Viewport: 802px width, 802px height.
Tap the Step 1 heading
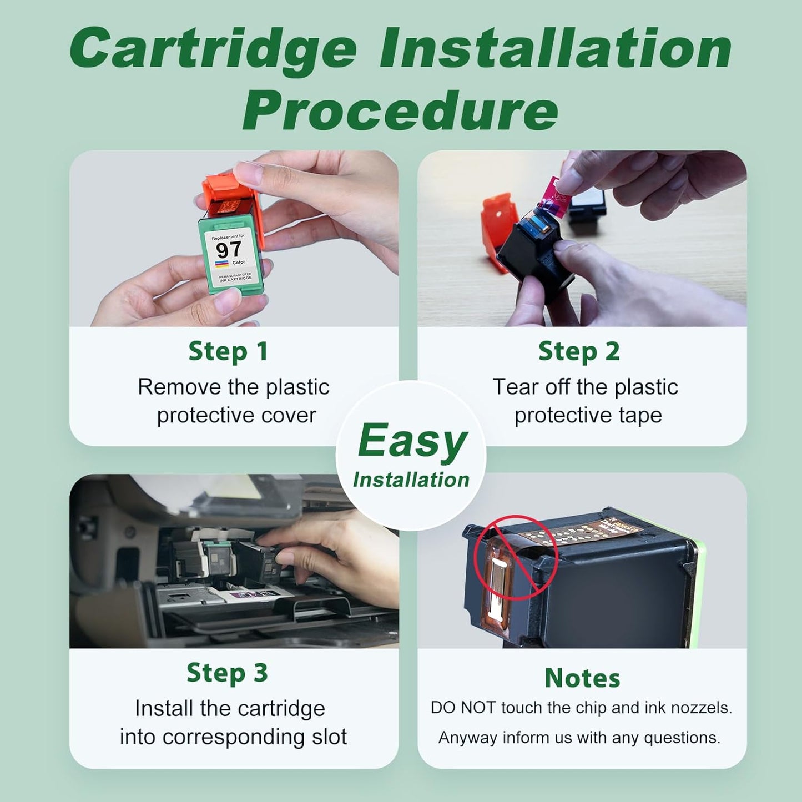click(228, 351)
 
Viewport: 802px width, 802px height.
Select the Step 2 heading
click(579, 351)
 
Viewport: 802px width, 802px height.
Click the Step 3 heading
click(227, 673)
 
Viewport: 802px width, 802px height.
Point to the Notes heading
click(582, 678)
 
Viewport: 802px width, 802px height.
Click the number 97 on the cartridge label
click(229, 250)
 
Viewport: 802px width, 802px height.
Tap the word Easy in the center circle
click(412, 442)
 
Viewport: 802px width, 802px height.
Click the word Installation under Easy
click(411, 480)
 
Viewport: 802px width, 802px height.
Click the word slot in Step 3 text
click(329, 737)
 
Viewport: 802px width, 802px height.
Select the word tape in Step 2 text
click(641, 415)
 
